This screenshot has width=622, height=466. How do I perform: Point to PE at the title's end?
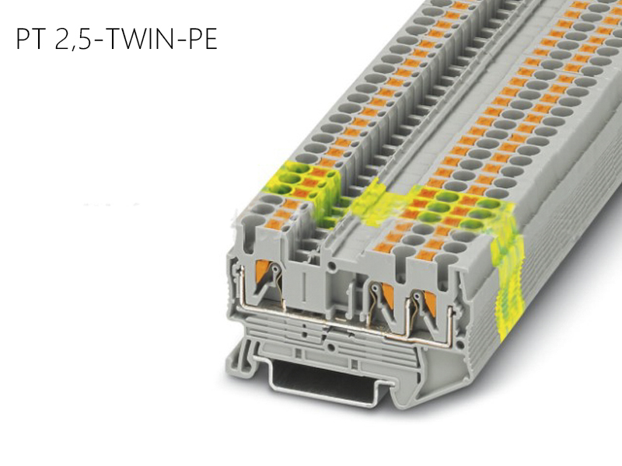click(x=200, y=40)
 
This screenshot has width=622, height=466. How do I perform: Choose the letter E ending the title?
click(x=209, y=40)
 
